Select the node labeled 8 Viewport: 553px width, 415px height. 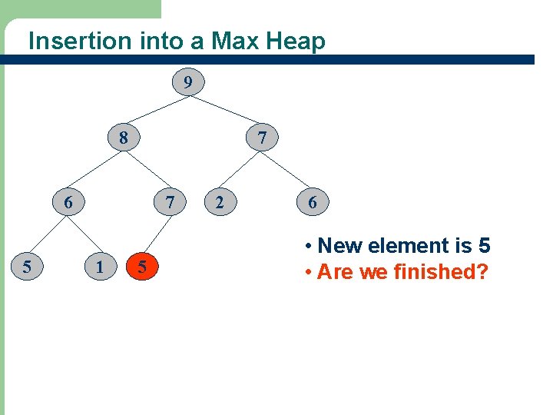pos(124,139)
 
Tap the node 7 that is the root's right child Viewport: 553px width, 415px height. pos(263,139)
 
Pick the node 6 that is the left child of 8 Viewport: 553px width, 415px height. pos(68,203)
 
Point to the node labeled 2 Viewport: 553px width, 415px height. pos(220,203)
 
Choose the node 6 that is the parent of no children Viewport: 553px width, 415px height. pos(313,203)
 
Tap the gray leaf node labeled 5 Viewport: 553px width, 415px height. pos(27,267)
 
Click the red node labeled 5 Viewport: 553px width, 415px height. pos(141,267)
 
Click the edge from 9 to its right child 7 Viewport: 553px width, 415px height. pos(226,110)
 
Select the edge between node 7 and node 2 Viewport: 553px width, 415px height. pos(241,171)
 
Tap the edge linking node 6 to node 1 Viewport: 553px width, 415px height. pos(84,234)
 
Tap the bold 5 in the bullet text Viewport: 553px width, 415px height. pos(484,246)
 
